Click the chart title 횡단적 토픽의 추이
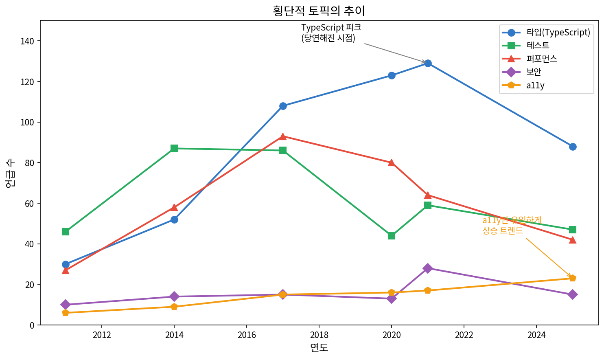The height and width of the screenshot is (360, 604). pos(319,11)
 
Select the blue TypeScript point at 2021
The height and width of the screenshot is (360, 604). pos(428,63)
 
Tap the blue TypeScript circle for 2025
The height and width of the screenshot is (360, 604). pos(573,147)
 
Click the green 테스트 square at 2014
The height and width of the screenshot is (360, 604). pos(174,148)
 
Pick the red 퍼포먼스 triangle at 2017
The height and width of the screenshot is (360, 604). pos(283,136)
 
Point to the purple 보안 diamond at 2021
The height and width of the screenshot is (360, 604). pos(427,268)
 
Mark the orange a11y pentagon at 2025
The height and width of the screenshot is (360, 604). pos(573,278)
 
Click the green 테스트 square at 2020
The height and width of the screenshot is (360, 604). pos(392,236)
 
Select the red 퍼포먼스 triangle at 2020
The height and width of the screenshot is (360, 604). pos(392,163)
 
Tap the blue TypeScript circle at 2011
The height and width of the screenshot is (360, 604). pos(66,264)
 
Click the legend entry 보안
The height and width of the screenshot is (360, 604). pos(534,72)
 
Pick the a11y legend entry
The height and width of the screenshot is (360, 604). pos(535,86)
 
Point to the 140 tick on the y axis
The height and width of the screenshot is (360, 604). pos(29,41)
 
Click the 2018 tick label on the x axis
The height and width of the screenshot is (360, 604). pos(319,335)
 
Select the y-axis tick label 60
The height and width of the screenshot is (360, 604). pos(29,204)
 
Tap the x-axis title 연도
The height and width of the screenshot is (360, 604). pos(319,347)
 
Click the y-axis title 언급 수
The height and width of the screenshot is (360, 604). pos(11,173)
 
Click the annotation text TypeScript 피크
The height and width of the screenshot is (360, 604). pos(331,28)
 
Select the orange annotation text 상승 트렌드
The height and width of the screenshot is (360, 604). pos(503,230)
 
